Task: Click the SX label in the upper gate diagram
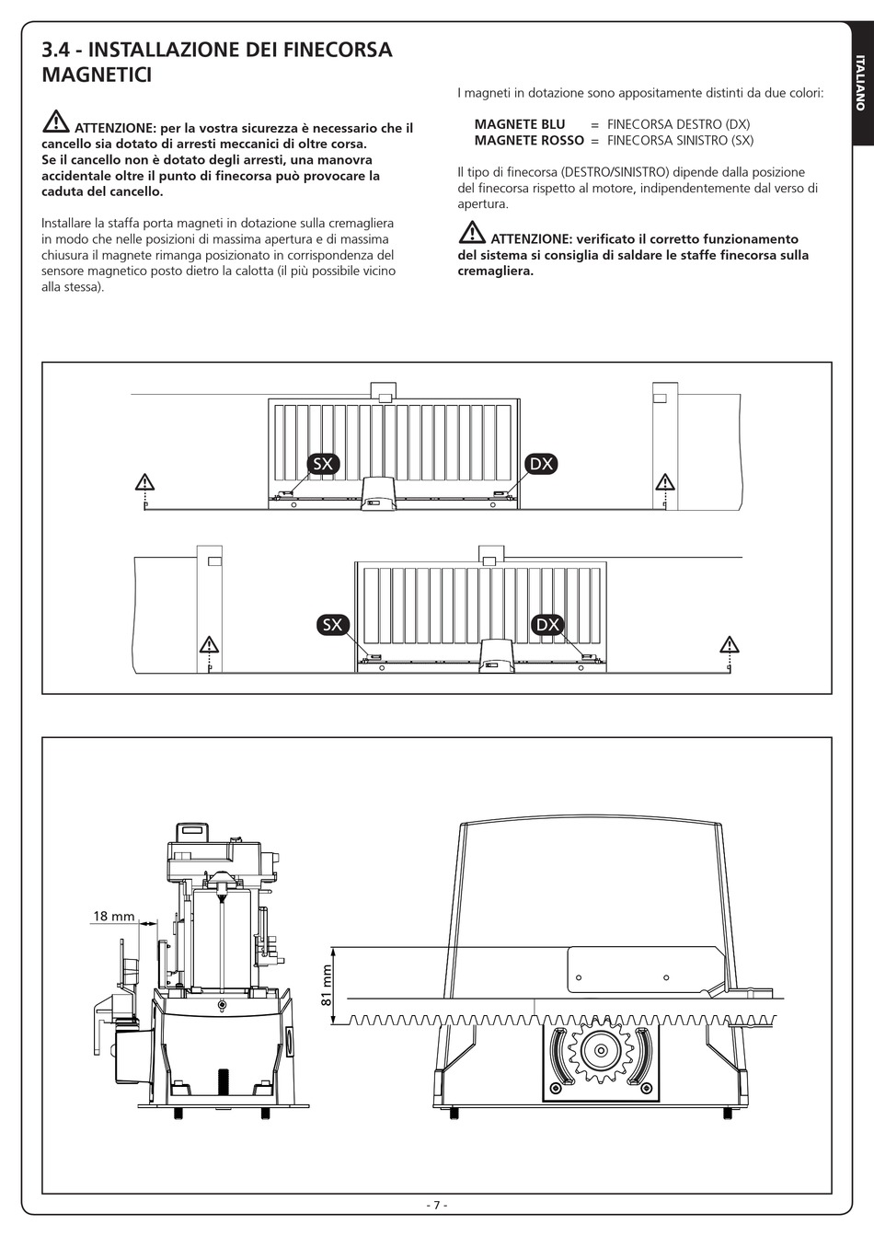click(322, 464)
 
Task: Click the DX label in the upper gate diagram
click(542, 464)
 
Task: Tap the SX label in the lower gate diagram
click(333, 625)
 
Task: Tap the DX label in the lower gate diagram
click(547, 625)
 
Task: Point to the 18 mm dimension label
click(113, 916)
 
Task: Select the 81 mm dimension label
click(326, 985)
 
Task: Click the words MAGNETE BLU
click(520, 124)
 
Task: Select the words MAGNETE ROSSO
click(529, 141)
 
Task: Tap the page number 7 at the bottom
click(437, 1205)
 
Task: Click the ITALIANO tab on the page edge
click(860, 83)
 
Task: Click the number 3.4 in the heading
click(57, 50)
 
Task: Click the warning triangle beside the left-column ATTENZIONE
click(55, 121)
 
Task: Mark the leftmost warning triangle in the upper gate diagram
click(144, 481)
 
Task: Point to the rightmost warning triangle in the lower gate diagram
click(730, 643)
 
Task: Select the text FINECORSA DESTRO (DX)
click(678, 124)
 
